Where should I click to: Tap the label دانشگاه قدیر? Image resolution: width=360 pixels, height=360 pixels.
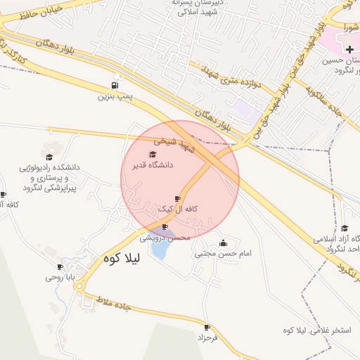pos(153,166)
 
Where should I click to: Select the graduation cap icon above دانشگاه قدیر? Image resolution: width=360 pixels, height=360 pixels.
pos(153,154)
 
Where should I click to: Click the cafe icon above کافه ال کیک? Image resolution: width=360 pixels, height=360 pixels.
pos(178,200)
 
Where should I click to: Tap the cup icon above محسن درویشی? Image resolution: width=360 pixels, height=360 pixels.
pos(165,227)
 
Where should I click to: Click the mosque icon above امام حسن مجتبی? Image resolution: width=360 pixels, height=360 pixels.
pos(224,243)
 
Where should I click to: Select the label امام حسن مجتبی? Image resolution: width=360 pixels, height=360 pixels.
pos(224,252)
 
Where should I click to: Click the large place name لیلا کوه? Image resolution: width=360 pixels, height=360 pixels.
pos(122,258)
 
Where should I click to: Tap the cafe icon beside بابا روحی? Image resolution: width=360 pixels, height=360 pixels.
pos(60,266)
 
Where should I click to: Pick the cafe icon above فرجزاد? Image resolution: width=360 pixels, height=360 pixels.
pos(207,327)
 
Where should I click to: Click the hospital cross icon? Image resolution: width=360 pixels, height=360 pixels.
pos(350,49)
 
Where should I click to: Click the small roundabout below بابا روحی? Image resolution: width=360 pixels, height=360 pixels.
pos(79,286)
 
